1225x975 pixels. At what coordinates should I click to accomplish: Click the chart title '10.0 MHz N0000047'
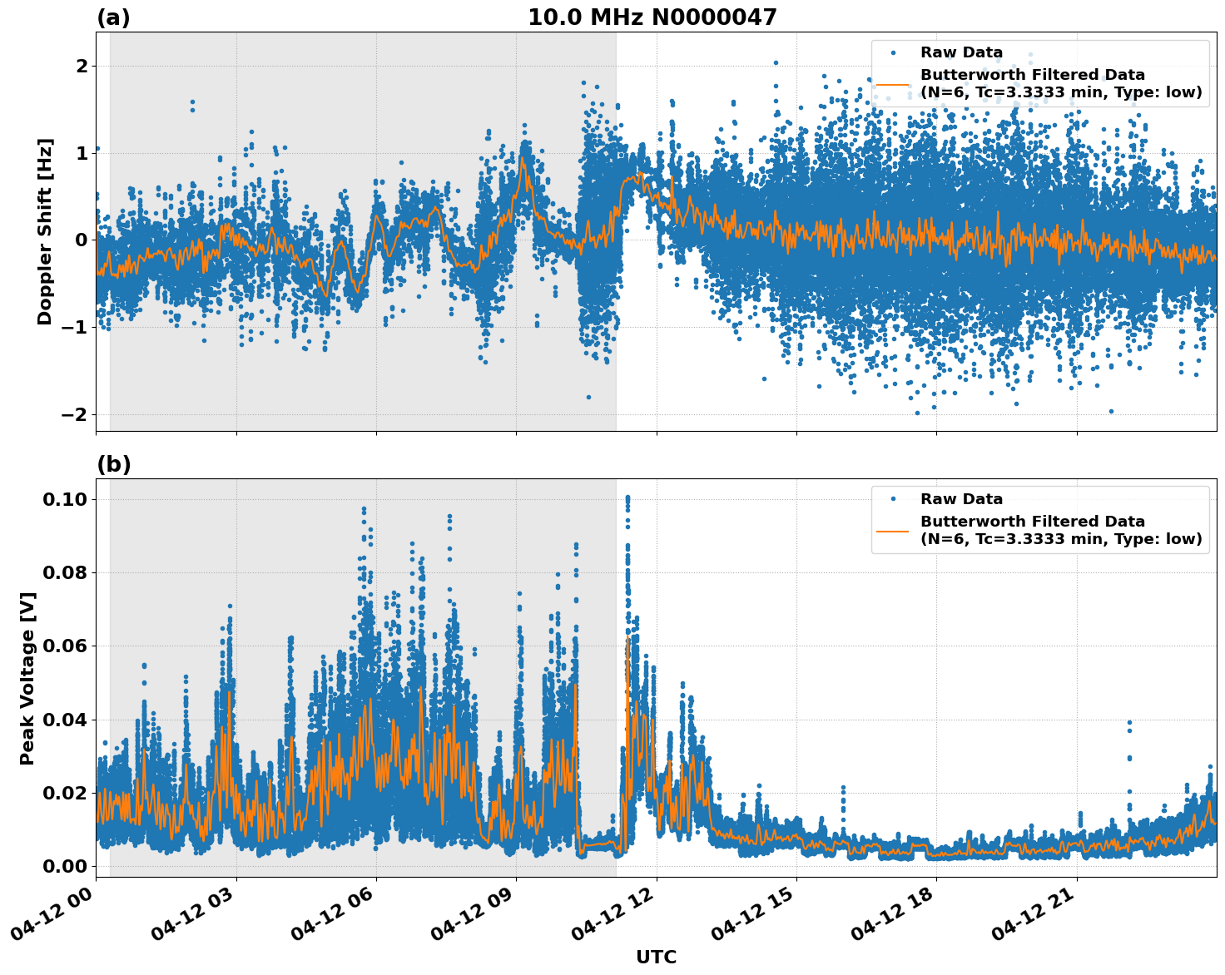pos(652,17)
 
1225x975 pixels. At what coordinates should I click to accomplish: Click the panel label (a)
pos(113,17)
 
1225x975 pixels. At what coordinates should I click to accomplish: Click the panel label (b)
pos(113,464)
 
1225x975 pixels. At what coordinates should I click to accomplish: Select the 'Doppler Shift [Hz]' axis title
pos(45,231)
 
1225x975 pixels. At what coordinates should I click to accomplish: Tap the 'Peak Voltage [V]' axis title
pos(27,678)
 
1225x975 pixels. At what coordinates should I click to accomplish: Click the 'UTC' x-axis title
pos(656,957)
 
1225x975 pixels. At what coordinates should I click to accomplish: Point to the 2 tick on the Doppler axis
pos(81,66)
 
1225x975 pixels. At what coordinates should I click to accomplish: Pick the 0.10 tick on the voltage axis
pos(64,499)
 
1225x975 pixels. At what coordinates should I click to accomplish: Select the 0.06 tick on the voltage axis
pos(64,646)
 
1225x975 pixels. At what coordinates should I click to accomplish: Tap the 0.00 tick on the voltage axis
pos(64,866)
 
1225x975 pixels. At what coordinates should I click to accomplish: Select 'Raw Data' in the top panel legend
pos(961,52)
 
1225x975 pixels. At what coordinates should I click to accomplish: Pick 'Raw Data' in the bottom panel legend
pos(961,499)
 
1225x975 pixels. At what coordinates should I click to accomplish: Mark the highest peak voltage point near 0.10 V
pos(627,497)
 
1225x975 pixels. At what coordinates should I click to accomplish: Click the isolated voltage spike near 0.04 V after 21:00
pos(1129,723)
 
